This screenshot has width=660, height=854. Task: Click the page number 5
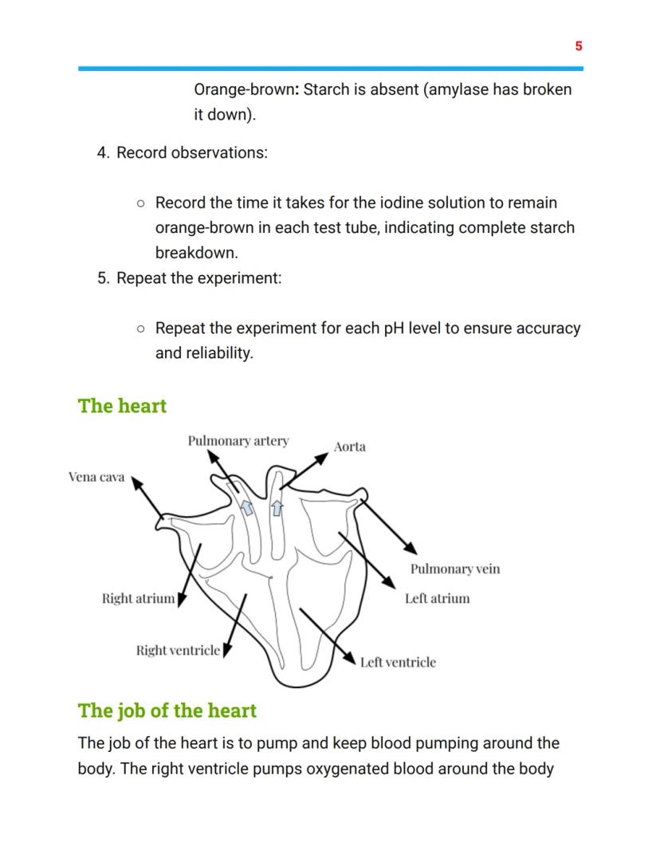tap(579, 46)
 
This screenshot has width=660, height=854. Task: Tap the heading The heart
tap(122, 406)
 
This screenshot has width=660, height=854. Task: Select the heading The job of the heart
tap(167, 710)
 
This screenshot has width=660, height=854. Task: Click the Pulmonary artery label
tap(238, 441)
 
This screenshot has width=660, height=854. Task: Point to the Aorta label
tap(350, 447)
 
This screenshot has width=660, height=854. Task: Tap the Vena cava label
tap(96, 478)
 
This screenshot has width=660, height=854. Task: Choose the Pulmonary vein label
tap(455, 569)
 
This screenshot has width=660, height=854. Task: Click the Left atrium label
tap(437, 598)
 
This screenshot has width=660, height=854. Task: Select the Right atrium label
tap(138, 598)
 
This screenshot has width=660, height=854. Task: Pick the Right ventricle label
tap(177, 651)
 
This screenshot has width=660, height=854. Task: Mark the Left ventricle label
tap(398, 662)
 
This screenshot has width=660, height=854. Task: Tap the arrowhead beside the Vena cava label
tap(136, 482)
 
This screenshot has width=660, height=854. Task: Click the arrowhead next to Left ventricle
tap(350, 657)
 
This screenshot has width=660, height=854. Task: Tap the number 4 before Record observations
tap(103, 152)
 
